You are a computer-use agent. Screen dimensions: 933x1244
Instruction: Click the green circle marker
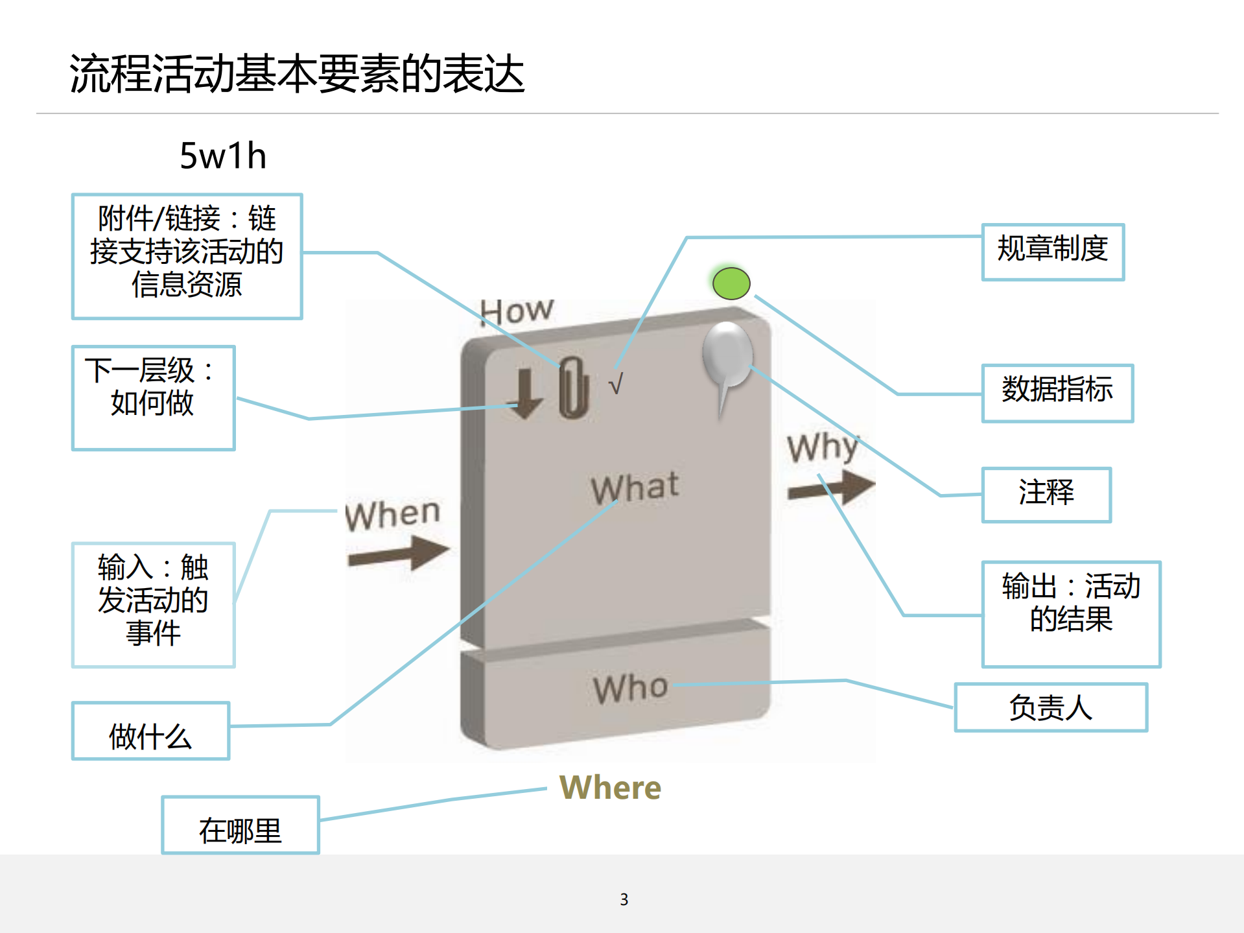731,283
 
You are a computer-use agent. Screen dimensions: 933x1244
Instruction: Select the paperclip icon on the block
573,387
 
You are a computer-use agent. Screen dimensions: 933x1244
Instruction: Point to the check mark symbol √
616,384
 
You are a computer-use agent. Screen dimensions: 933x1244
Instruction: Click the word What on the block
635,488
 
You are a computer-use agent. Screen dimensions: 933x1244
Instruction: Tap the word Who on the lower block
630,688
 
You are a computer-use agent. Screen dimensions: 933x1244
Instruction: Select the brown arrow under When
399,554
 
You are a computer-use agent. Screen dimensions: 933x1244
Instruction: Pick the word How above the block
517,311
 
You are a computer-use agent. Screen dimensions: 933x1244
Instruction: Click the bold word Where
610,788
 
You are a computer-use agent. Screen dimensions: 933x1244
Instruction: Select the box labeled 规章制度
1053,252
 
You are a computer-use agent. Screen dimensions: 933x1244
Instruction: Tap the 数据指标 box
1057,393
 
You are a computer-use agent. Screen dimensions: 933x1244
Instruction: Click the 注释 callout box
1046,494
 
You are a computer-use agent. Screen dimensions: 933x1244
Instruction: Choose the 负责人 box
1050,707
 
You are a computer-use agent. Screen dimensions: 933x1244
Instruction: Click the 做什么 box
150,731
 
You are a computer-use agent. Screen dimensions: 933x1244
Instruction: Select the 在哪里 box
240,825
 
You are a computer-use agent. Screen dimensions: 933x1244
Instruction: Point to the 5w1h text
223,156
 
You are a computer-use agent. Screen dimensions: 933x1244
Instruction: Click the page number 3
624,899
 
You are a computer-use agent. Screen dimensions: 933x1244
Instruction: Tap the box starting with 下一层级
153,397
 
